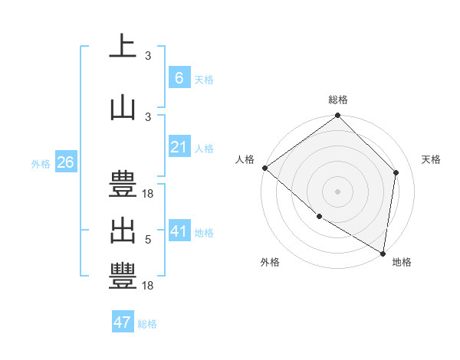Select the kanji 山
(x=123, y=107)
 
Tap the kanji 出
(x=123, y=230)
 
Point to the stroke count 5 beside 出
(x=148, y=240)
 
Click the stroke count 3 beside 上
(x=148, y=55)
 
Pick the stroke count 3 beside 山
(x=148, y=116)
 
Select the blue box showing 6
(x=179, y=77)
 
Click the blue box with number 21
(x=179, y=147)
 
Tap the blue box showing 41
(x=179, y=231)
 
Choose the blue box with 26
(x=65, y=162)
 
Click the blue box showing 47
(x=122, y=322)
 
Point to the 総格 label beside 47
(x=147, y=324)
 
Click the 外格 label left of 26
(x=41, y=163)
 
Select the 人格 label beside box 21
(x=204, y=148)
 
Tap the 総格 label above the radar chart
(x=338, y=100)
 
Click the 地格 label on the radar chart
(x=402, y=262)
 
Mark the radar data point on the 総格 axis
(x=338, y=116)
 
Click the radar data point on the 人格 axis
(x=264, y=168)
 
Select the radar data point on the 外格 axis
(x=319, y=217)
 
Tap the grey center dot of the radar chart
(x=338, y=191)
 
